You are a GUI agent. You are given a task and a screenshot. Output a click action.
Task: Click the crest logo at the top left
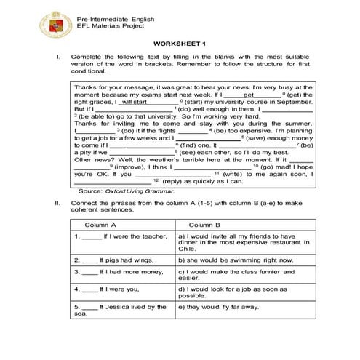pos(33,24)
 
